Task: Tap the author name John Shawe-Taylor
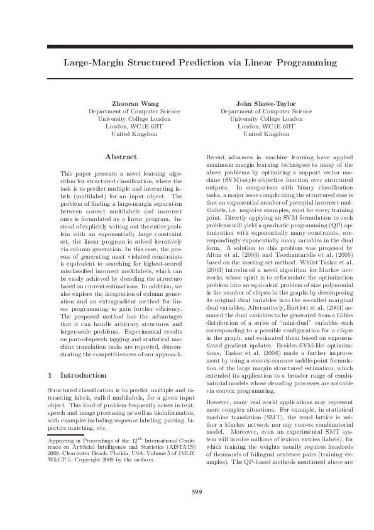click(x=257, y=103)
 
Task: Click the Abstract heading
click(x=121, y=156)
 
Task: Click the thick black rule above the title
click(x=187, y=47)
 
